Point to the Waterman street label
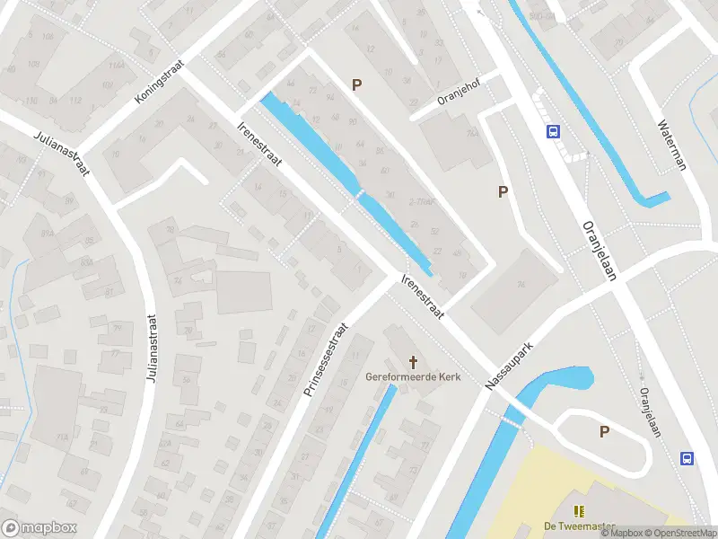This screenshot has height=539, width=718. (672, 146)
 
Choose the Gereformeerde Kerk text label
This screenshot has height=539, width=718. (413, 377)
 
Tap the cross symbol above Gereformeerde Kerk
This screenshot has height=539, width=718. (414, 362)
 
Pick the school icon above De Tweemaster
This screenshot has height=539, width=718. (579, 510)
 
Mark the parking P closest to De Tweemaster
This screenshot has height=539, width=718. (604, 432)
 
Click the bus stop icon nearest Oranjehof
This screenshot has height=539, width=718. (552, 131)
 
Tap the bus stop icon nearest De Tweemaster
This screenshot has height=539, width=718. (687, 458)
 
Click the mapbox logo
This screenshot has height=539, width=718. (39, 527)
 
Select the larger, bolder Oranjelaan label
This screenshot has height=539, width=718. (600, 252)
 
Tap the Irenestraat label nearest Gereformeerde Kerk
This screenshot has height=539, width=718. (424, 296)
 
